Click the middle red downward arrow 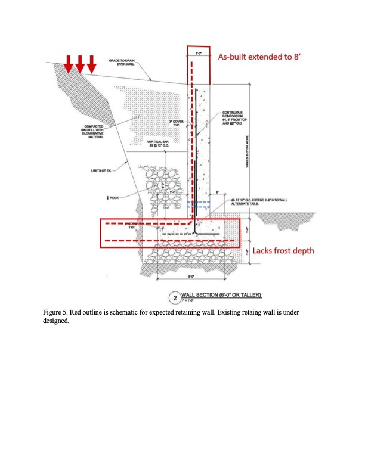[80, 63]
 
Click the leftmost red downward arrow [69, 63]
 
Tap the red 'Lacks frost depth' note [282, 251]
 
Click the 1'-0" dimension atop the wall [198, 54]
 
